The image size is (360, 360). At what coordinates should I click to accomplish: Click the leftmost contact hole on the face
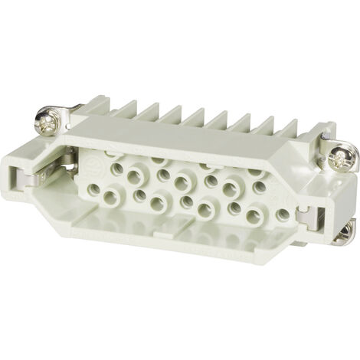[x=93, y=188]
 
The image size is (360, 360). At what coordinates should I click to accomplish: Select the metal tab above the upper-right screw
[x=328, y=137]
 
